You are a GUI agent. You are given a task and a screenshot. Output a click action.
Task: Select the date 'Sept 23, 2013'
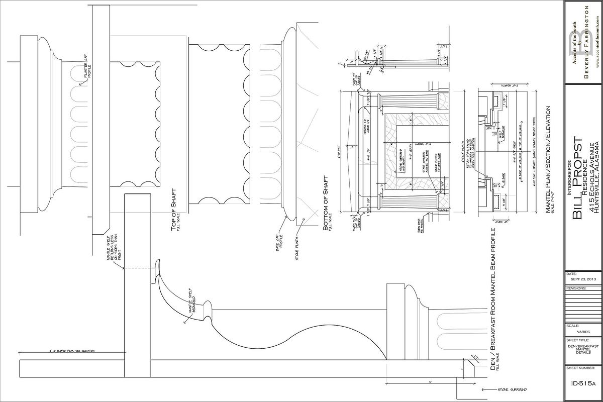pos(583,279)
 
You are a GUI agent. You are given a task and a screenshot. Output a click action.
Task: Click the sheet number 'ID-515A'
pos(583,384)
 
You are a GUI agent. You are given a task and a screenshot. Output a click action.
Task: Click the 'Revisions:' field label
pos(576,288)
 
